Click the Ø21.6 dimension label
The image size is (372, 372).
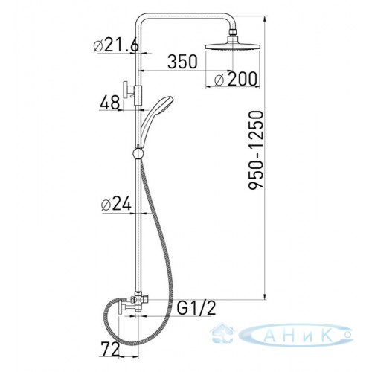click(116, 45)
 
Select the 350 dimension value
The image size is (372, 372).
click(182, 62)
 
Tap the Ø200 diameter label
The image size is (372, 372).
click(235, 79)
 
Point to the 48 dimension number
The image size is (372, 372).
click(109, 103)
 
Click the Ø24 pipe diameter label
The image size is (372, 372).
click(116, 205)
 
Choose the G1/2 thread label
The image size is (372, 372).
click(196, 308)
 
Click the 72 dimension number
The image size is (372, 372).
click(110, 349)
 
